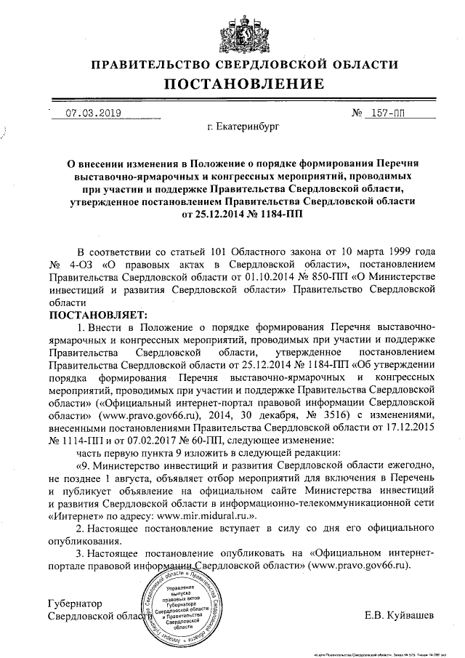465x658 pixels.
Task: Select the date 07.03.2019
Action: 94,113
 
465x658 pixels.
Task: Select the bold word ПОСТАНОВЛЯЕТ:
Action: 97,315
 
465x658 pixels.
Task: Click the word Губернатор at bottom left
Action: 74,604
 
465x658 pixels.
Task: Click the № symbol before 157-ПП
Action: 357,113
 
